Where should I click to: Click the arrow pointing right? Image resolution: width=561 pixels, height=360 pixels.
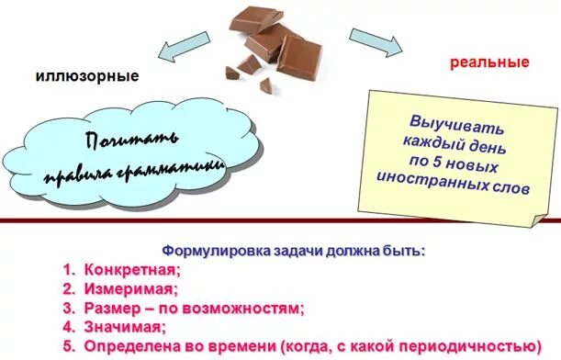376,42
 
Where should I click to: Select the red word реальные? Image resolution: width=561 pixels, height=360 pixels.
489,62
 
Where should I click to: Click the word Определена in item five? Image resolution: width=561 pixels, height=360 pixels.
129,346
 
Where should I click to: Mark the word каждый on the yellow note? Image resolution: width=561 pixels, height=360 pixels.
430,144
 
